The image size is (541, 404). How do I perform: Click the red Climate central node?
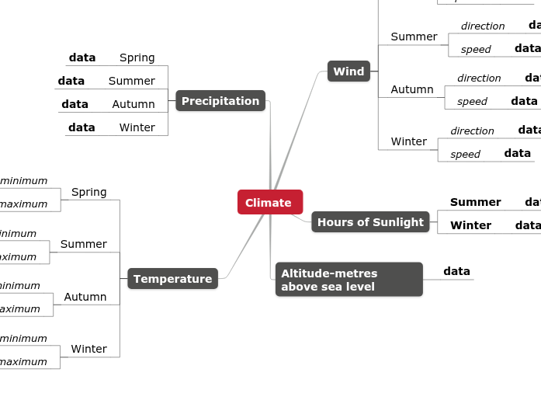click(269, 202)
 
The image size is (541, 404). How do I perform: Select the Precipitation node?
click(220, 101)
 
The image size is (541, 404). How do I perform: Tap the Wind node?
click(349, 71)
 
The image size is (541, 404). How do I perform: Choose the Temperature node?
click(172, 279)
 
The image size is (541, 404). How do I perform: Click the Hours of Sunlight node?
click(370, 222)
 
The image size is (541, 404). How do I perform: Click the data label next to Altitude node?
click(456, 271)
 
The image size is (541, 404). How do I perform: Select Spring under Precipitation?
click(137, 57)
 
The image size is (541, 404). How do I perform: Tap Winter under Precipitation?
click(137, 127)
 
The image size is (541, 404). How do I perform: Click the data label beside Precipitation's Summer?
click(71, 81)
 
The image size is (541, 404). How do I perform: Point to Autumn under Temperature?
click(85, 297)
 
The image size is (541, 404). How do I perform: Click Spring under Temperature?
click(88, 192)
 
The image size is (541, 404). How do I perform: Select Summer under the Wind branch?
click(414, 37)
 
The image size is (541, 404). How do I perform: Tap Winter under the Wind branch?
click(408, 141)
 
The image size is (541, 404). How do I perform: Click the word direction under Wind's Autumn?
click(479, 78)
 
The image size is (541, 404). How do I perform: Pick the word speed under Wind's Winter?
click(465, 155)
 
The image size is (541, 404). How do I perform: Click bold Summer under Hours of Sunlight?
click(475, 202)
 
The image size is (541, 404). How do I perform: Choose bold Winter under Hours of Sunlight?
click(470, 225)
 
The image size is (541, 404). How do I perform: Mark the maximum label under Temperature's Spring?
click(23, 204)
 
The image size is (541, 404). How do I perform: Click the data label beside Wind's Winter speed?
click(517, 153)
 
